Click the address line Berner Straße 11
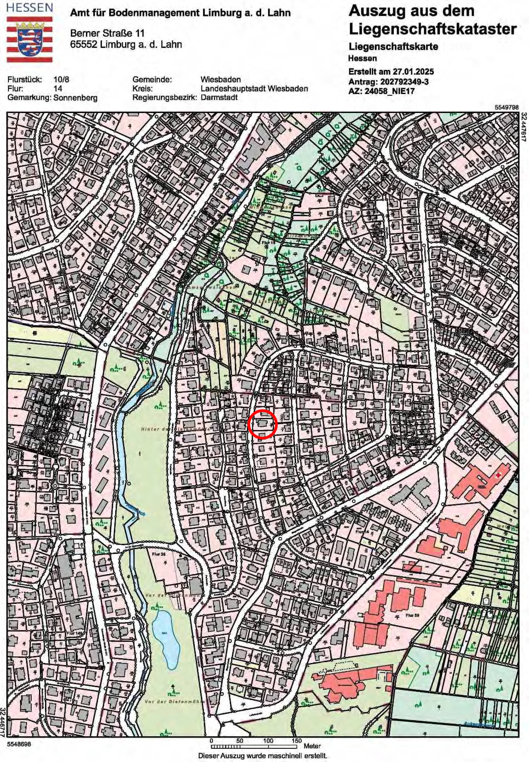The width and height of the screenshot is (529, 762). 107,33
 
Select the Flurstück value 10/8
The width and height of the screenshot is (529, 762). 61,80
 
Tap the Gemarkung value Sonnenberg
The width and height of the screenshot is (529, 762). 75,98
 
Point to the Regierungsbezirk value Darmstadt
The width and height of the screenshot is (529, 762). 219,97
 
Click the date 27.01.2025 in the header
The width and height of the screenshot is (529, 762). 413,72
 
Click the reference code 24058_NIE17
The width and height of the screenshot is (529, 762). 389,91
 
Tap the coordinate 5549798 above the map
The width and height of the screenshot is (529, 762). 506,107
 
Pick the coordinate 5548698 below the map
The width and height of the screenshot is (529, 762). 19,744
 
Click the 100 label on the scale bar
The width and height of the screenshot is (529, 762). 268,741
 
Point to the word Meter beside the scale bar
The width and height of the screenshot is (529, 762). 312,746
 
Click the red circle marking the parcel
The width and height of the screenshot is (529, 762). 262,425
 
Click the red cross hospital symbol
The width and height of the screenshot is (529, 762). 498,475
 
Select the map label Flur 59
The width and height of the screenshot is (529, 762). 412,615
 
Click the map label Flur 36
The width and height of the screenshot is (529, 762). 158,554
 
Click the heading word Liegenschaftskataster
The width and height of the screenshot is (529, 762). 432,29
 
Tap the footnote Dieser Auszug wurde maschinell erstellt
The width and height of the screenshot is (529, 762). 262,756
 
